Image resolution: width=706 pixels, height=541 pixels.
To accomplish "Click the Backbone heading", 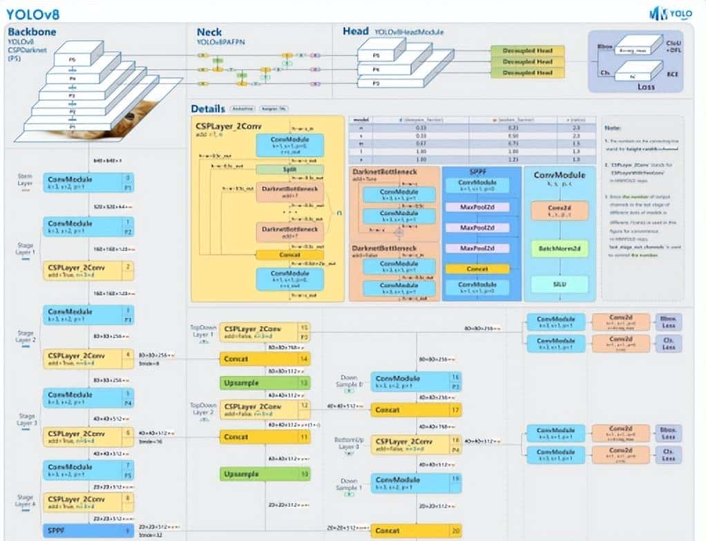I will pos(32,32).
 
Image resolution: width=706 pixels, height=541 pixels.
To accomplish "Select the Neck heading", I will pos(209,32).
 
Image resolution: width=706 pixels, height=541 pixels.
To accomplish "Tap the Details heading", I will pos(208,108).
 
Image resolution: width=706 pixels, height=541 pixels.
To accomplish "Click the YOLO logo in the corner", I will pos(671,12).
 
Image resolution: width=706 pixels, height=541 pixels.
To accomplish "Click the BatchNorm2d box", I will pos(560,248).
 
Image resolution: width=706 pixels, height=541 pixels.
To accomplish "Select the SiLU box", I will pos(560,283).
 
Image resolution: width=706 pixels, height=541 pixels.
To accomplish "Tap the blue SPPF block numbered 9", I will pos(88,531).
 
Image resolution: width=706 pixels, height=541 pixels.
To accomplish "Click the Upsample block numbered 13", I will pos(265,382).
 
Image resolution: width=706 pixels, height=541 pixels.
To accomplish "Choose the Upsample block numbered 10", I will pos(265,474).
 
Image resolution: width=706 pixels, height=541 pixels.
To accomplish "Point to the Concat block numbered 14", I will pos(265,359).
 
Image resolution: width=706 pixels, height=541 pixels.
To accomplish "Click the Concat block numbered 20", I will pos(416,531).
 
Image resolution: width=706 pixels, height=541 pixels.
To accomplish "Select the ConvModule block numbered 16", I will pos(416,381).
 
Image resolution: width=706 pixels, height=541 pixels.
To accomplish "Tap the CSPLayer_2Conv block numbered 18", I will pos(416,444).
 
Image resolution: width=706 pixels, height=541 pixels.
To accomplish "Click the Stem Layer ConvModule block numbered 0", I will pos(88,182).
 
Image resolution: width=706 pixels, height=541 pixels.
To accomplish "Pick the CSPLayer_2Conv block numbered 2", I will pos(88,270).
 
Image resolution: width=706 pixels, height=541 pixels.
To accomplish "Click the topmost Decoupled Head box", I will pos(528,51).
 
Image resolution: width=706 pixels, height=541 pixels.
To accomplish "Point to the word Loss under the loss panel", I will pos(646,88).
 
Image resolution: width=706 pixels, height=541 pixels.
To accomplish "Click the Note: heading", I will pos(612,128).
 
